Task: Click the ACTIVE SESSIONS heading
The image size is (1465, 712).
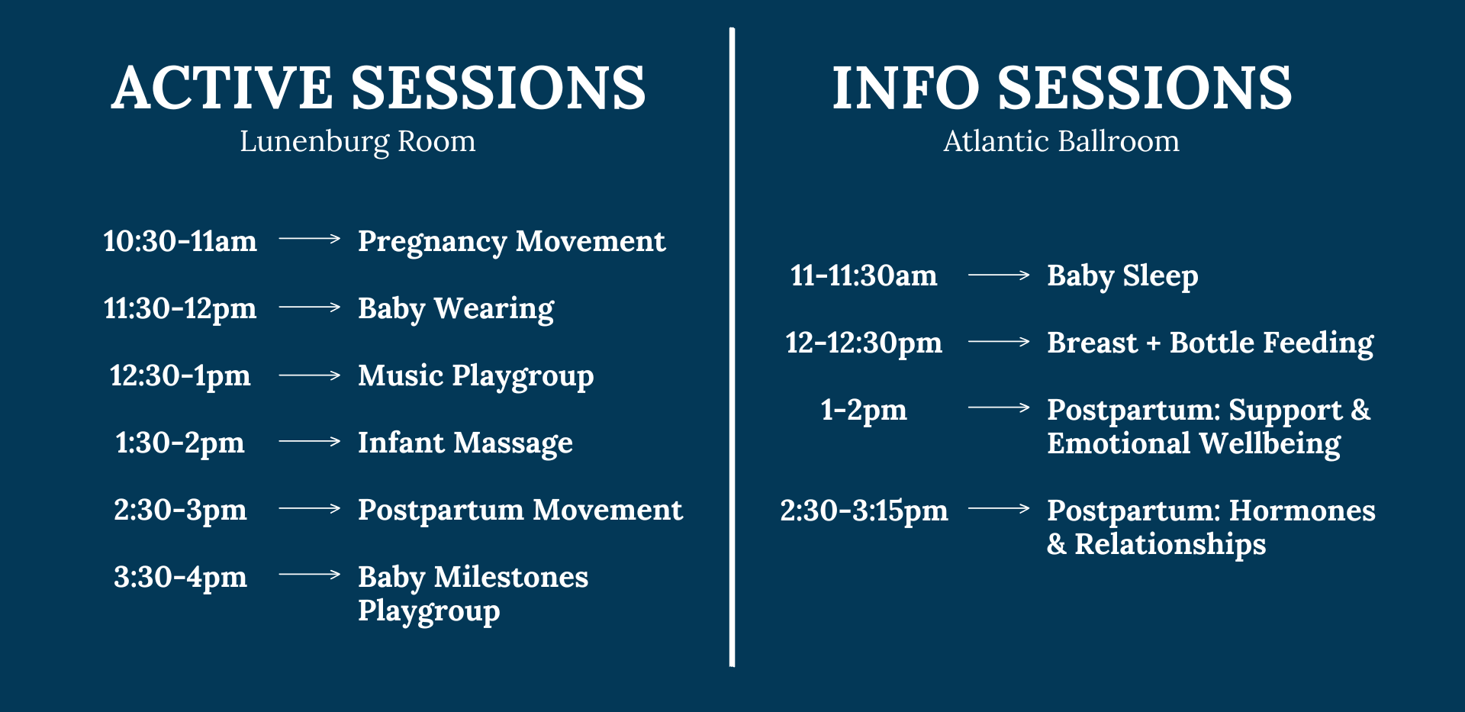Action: point(378,88)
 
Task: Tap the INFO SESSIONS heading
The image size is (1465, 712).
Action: point(1061,88)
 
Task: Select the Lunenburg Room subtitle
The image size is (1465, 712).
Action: point(357,142)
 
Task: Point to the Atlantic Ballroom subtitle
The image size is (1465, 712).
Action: point(1061,141)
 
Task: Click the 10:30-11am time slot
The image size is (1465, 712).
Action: point(180,241)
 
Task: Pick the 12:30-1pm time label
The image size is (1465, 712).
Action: point(180,376)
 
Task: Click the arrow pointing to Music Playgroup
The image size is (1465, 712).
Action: point(310,375)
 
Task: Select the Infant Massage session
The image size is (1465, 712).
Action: point(465,443)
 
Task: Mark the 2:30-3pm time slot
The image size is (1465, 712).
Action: point(180,511)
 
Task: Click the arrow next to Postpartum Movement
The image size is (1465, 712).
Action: point(310,508)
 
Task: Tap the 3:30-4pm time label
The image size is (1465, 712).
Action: point(180,578)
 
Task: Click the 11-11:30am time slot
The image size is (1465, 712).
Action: point(864,275)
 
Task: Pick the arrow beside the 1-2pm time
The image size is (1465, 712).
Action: point(999,408)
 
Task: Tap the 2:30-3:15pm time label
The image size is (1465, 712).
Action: point(864,511)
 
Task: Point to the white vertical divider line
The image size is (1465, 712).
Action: point(732,347)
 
